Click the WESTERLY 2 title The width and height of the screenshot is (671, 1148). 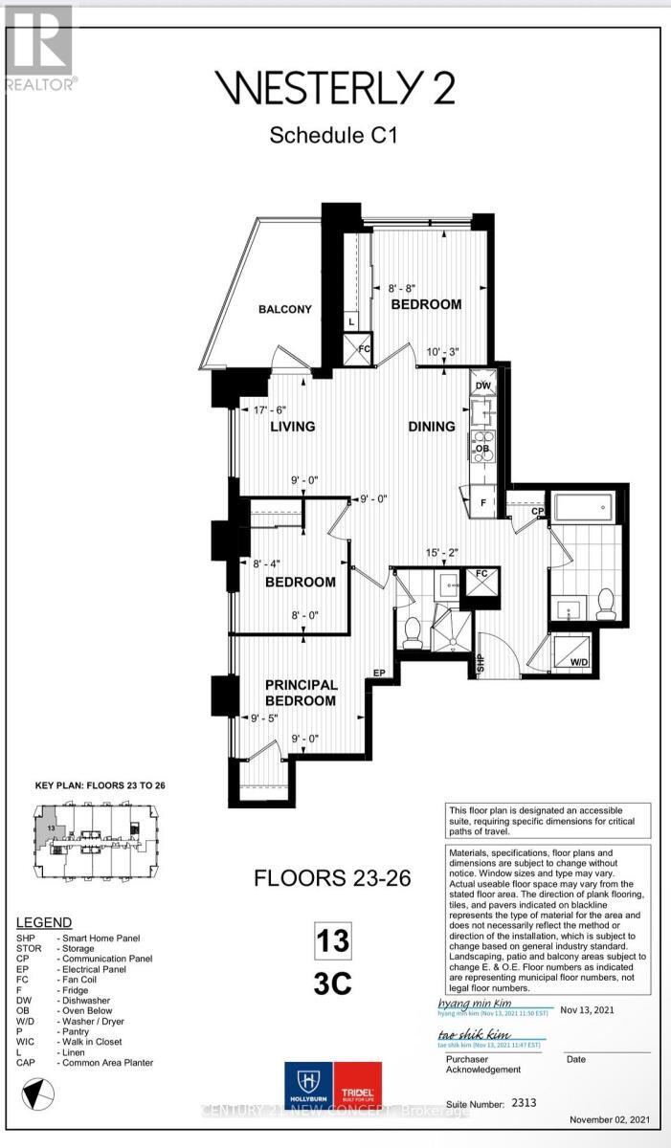pos(333,89)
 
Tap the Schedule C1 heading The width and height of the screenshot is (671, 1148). pos(333,135)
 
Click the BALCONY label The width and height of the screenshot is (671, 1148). pos(285,309)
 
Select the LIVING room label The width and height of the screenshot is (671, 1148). pos(292,427)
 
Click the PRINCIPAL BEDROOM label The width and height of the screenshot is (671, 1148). pos(301,693)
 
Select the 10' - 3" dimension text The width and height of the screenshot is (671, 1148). pos(442,351)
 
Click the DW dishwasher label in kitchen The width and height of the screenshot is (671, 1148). pos(483,386)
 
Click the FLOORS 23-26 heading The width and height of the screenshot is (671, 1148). pos(332,877)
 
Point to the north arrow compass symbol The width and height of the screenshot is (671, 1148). pos(36,1090)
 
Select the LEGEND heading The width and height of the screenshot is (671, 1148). pos(43,922)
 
